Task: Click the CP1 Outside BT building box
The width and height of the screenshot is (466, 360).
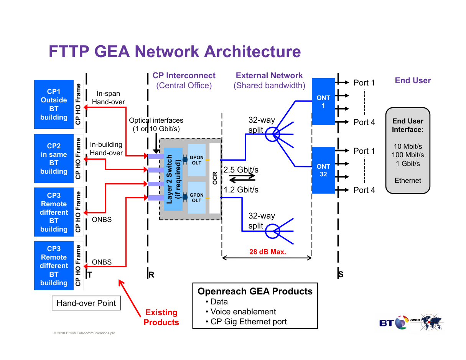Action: (x=54, y=104)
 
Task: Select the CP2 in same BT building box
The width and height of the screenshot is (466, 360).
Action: (x=54, y=159)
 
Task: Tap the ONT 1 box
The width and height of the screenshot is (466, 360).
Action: (x=323, y=102)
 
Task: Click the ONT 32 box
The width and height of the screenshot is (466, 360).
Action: (x=323, y=170)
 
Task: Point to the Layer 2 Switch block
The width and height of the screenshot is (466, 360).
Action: (x=173, y=179)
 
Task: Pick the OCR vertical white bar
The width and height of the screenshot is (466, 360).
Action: (x=215, y=178)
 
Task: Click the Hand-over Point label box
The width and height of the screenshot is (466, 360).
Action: (x=86, y=303)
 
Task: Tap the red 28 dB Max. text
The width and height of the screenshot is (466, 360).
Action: (x=268, y=252)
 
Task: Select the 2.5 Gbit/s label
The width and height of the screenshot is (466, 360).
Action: (x=241, y=169)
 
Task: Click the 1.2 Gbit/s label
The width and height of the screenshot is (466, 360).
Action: (x=241, y=189)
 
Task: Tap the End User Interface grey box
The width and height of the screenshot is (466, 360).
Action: (x=408, y=151)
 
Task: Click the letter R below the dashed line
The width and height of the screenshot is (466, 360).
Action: (x=151, y=275)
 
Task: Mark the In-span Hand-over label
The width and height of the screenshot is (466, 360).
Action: (x=108, y=98)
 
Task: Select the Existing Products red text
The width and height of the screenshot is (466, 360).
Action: (x=161, y=317)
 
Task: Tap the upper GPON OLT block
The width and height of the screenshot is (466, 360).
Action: (x=197, y=160)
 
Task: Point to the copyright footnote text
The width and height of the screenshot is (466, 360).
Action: (x=84, y=333)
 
